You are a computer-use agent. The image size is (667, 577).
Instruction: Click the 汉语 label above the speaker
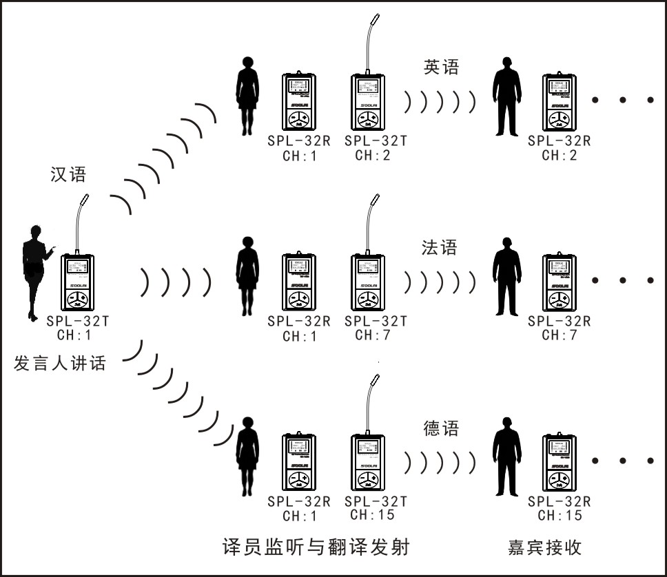(68, 174)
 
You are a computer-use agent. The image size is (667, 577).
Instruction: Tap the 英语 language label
(441, 67)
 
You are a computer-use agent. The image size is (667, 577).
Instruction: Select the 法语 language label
(440, 247)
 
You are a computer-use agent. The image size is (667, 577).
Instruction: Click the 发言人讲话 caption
(60, 362)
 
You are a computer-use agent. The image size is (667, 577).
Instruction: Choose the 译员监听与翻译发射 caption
(317, 547)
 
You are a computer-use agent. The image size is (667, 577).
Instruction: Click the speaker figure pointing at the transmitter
(34, 272)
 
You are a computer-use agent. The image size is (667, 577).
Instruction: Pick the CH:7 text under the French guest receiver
(559, 335)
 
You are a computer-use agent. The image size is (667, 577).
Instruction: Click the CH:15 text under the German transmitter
(372, 514)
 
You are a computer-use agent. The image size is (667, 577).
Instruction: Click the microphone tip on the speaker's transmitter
(85, 200)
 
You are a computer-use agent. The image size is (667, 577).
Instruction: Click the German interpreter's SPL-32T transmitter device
(367, 463)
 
